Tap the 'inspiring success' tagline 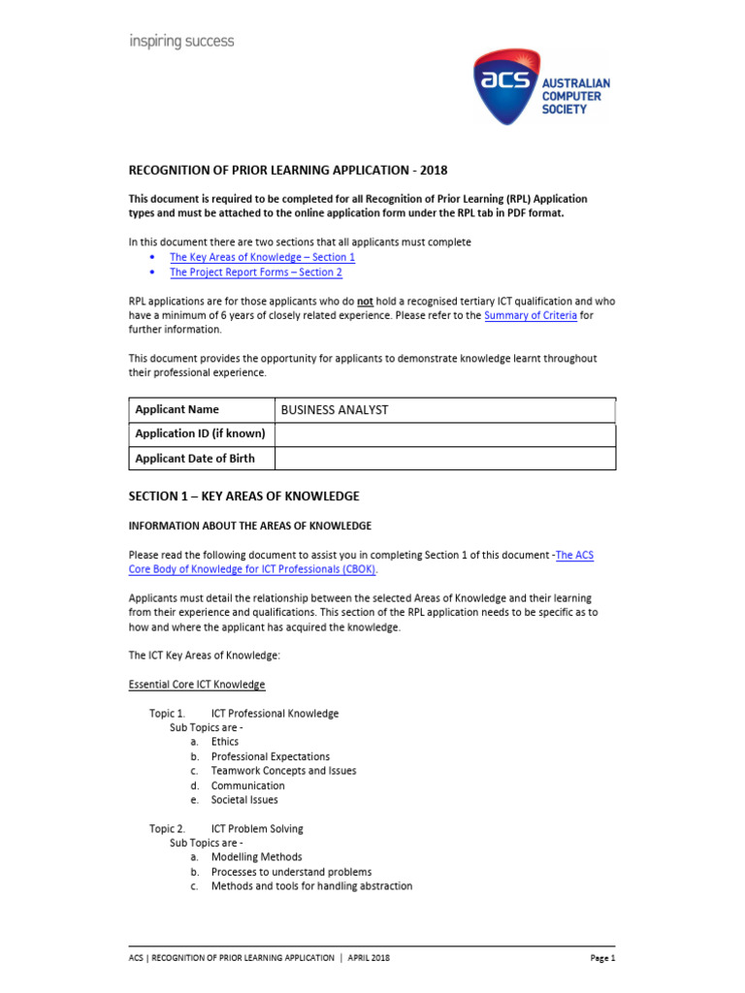(181, 42)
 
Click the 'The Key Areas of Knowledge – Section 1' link (262, 257)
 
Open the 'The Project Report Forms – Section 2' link (256, 272)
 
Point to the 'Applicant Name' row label (177, 410)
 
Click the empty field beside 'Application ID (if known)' (444, 434)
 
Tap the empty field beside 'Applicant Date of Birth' (444, 459)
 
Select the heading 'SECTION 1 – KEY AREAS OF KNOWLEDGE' (243, 496)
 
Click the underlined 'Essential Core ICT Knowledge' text (197, 685)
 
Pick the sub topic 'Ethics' (224, 742)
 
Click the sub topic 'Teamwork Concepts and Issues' (283, 771)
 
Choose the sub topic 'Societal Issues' (244, 800)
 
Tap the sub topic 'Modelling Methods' (256, 857)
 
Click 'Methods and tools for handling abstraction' (311, 886)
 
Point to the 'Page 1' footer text (602, 958)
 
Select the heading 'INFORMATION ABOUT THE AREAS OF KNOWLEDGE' (250, 527)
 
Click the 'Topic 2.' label (167, 829)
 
